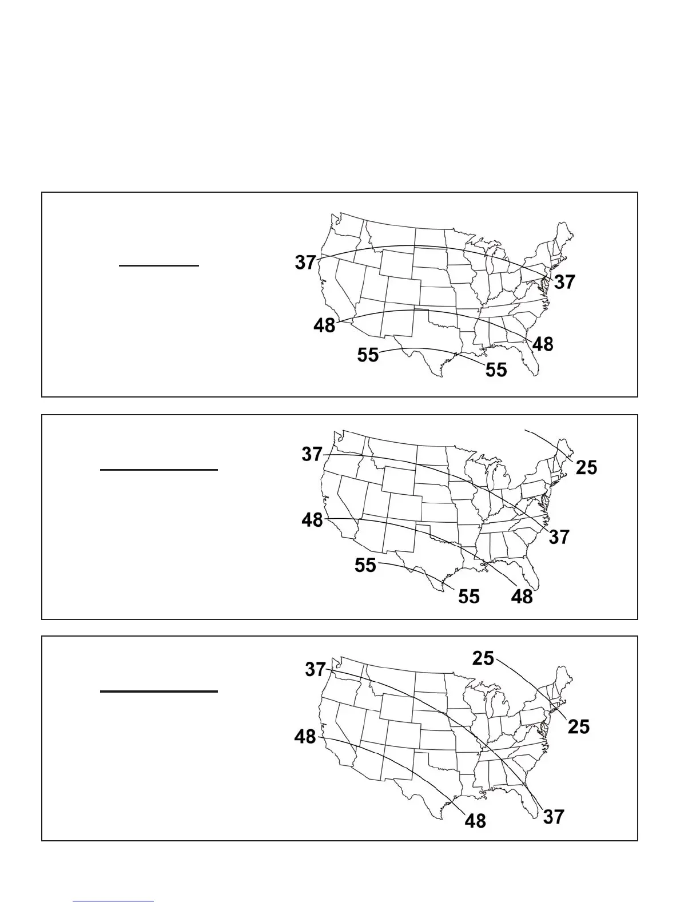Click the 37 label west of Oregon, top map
point(305,263)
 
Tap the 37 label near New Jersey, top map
point(564,282)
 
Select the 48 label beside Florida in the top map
point(543,344)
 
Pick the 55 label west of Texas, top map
point(368,355)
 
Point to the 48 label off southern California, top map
point(324,325)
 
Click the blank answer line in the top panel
point(159,266)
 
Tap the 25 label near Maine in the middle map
point(586,467)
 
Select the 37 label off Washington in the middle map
point(312,454)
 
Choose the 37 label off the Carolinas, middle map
point(559,537)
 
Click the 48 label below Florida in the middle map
point(522,597)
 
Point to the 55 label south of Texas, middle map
point(468,597)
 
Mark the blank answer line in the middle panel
point(159,470)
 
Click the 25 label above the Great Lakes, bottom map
point(483,658)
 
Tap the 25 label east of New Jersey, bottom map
point(578,726)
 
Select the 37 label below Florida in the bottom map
point(553,817)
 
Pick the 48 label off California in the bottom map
point(305,736)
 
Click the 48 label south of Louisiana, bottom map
point(475,821)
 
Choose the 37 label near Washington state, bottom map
point(315,669)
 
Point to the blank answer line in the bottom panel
point(159,692)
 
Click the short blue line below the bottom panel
point(113,901)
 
